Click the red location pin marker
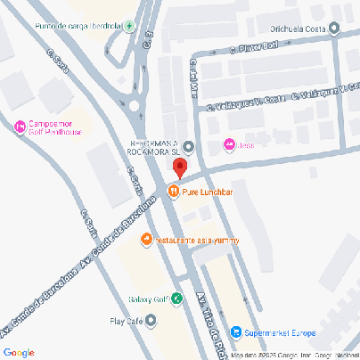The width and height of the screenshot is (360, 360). coord(180,168)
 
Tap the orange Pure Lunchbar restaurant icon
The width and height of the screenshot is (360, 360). coord(173,191)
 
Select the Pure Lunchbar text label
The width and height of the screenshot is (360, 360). coord(207,192)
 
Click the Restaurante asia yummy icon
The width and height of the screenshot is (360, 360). coord(147,240)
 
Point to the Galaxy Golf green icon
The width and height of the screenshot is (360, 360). coord(177,299)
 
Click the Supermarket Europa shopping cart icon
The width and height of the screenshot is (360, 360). coord(235,333)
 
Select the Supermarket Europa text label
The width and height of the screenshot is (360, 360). coord(279,333)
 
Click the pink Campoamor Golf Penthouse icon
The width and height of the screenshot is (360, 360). coord(20,127)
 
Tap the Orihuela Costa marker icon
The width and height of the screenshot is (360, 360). coord(334,29)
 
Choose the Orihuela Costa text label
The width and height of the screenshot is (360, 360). coord(300,29)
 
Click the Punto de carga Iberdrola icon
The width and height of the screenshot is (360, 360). coord(130,26)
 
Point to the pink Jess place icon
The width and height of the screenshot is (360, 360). coord(229,144)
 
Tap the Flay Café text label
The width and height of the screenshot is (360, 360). coord(126,321)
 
